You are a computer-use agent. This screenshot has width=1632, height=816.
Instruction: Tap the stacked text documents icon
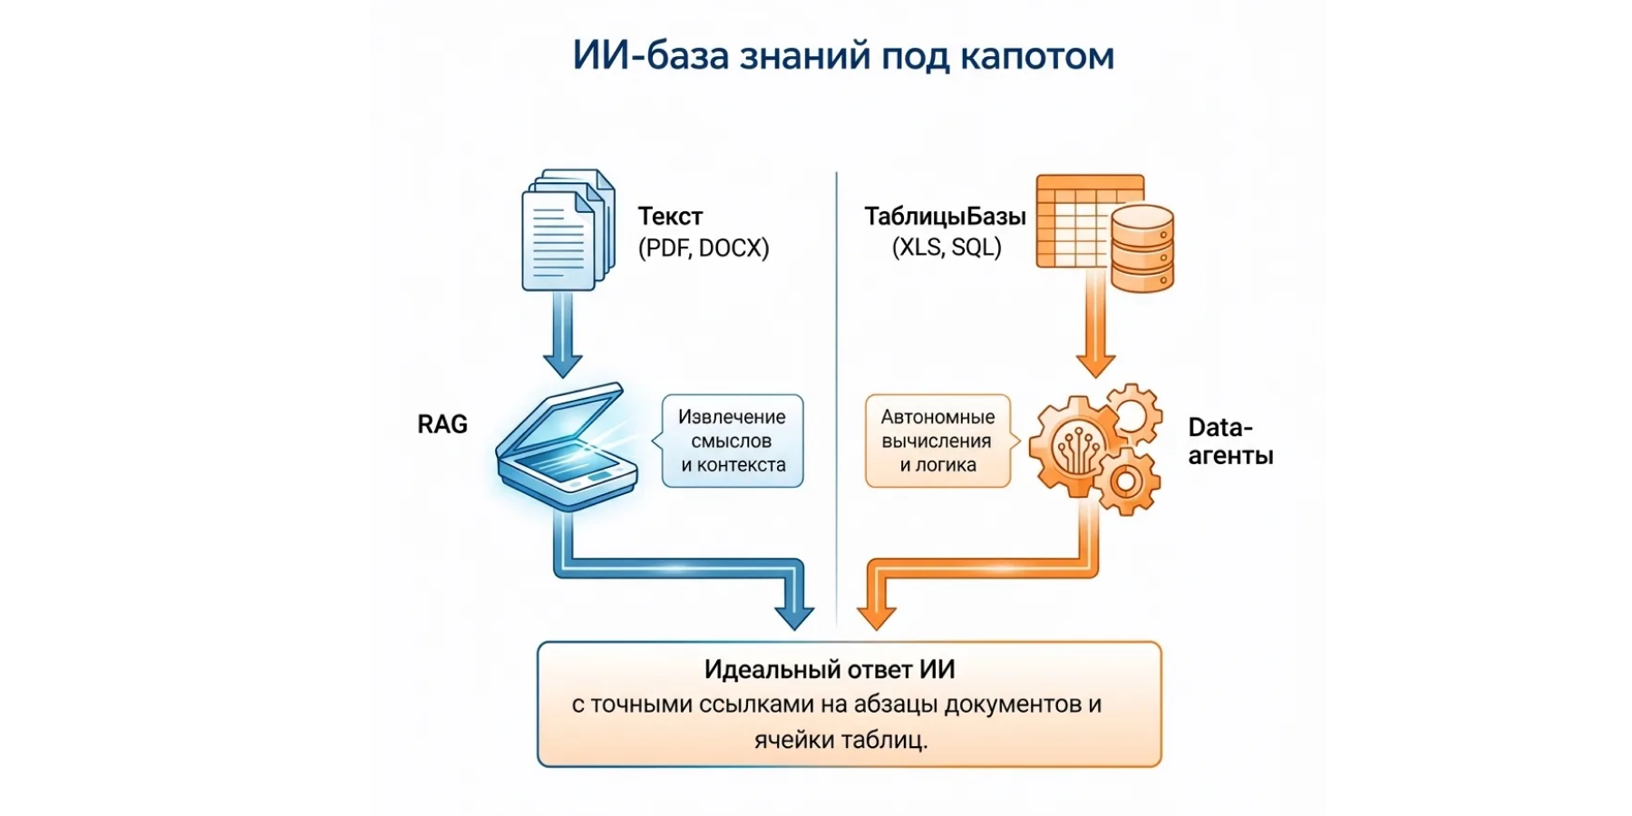(x=567, y=230)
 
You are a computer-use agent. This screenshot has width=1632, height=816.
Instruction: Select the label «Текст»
(x=670, y=217)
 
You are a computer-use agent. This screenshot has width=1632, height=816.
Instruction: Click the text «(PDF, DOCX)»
(x=704, y=248)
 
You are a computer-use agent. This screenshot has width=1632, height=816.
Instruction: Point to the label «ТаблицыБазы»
(x=945, y=217)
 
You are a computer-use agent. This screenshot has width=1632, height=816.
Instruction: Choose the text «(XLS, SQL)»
(x=947, y=248)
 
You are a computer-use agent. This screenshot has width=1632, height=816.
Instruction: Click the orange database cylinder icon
(x=1141, y=248)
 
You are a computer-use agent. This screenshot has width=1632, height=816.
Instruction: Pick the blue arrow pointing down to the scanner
(x=562, y=335)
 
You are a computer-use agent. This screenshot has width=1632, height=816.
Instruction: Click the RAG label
(x=442, y=424)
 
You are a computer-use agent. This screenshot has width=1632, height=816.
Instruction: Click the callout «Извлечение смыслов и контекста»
(x=733, y=442)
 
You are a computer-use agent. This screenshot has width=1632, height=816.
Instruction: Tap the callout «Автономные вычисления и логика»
(x=937, y=442)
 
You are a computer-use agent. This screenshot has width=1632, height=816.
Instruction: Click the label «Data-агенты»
(x=1230, y=442)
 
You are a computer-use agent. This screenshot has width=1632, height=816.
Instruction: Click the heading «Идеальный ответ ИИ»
(x=830, y=670)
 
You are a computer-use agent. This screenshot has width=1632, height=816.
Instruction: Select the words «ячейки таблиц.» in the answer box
(x=840, y=740)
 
